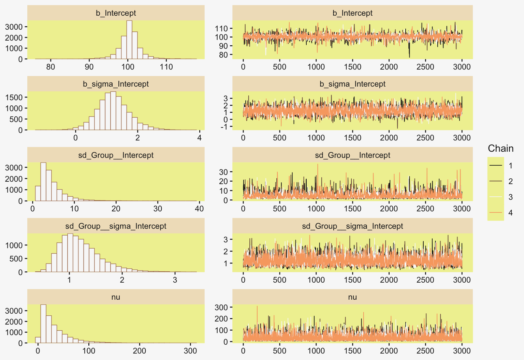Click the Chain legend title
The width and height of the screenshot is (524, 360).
coord(500,148)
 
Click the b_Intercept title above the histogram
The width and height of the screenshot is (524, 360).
coord(116,13)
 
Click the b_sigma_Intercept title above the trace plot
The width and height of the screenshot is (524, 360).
coord(352,84)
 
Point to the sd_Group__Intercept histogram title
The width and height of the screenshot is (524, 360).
coord(116,155)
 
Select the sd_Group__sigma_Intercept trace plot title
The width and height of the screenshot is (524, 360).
coord(352,226)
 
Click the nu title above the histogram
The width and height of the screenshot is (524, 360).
coord(116,297)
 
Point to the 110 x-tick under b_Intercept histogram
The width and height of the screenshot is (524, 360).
coord(166,66)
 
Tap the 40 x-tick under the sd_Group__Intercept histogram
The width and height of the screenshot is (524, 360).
coord(199,209)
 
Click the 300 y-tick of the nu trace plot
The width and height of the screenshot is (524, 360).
coord(221,307)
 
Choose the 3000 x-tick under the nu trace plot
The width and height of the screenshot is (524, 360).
coord(462,351)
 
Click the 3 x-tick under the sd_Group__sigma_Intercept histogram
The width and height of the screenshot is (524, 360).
coord(175,280)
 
